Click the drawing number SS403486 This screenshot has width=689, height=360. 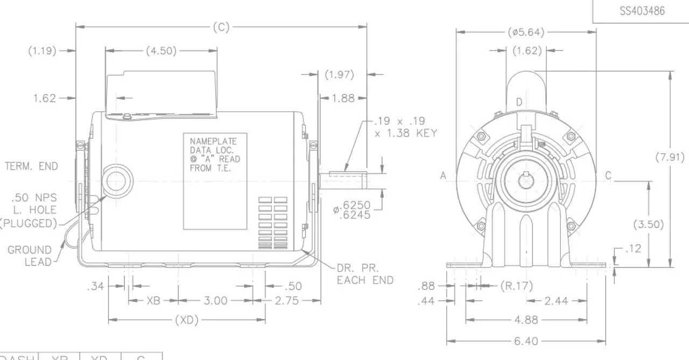642,11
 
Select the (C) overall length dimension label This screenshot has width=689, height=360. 221,27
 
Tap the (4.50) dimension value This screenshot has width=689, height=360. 161,51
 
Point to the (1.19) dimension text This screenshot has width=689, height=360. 42,51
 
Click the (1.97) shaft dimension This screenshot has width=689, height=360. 339,75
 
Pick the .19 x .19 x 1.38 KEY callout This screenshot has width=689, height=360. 405,127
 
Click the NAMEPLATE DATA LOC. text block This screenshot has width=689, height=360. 215,154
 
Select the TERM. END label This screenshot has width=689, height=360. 31,166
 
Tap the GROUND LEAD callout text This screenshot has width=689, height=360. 30,256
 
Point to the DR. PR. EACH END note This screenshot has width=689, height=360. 365,274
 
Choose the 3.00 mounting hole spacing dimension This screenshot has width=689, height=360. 215,300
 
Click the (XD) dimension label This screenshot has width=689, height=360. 187,321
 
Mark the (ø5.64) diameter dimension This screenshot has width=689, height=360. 526,32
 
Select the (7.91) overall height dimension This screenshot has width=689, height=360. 670,158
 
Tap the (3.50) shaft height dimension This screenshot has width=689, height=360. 648,224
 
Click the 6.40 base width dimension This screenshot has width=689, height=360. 526,341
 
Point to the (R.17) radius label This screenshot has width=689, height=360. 516,286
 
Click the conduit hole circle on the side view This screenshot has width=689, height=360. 116,180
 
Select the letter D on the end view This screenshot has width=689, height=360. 519,102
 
